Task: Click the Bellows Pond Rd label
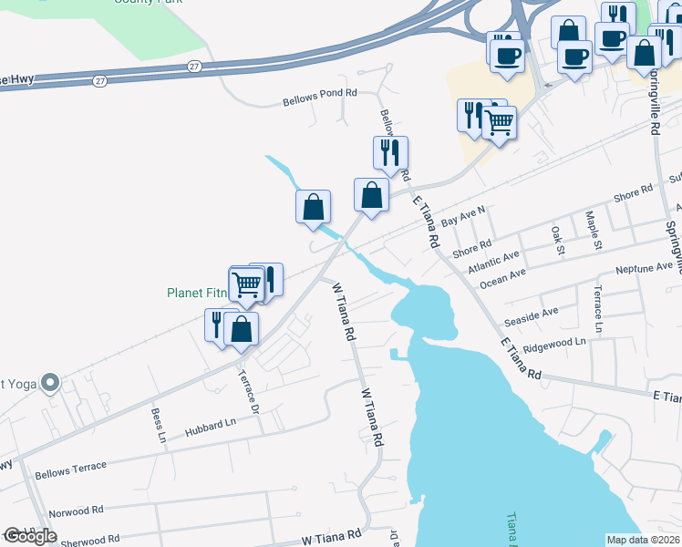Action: (x=319, y=101)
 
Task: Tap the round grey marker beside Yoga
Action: (x=50, y=383)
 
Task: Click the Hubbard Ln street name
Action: (x=210, y=422)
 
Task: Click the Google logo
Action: (x=30, y=536)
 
